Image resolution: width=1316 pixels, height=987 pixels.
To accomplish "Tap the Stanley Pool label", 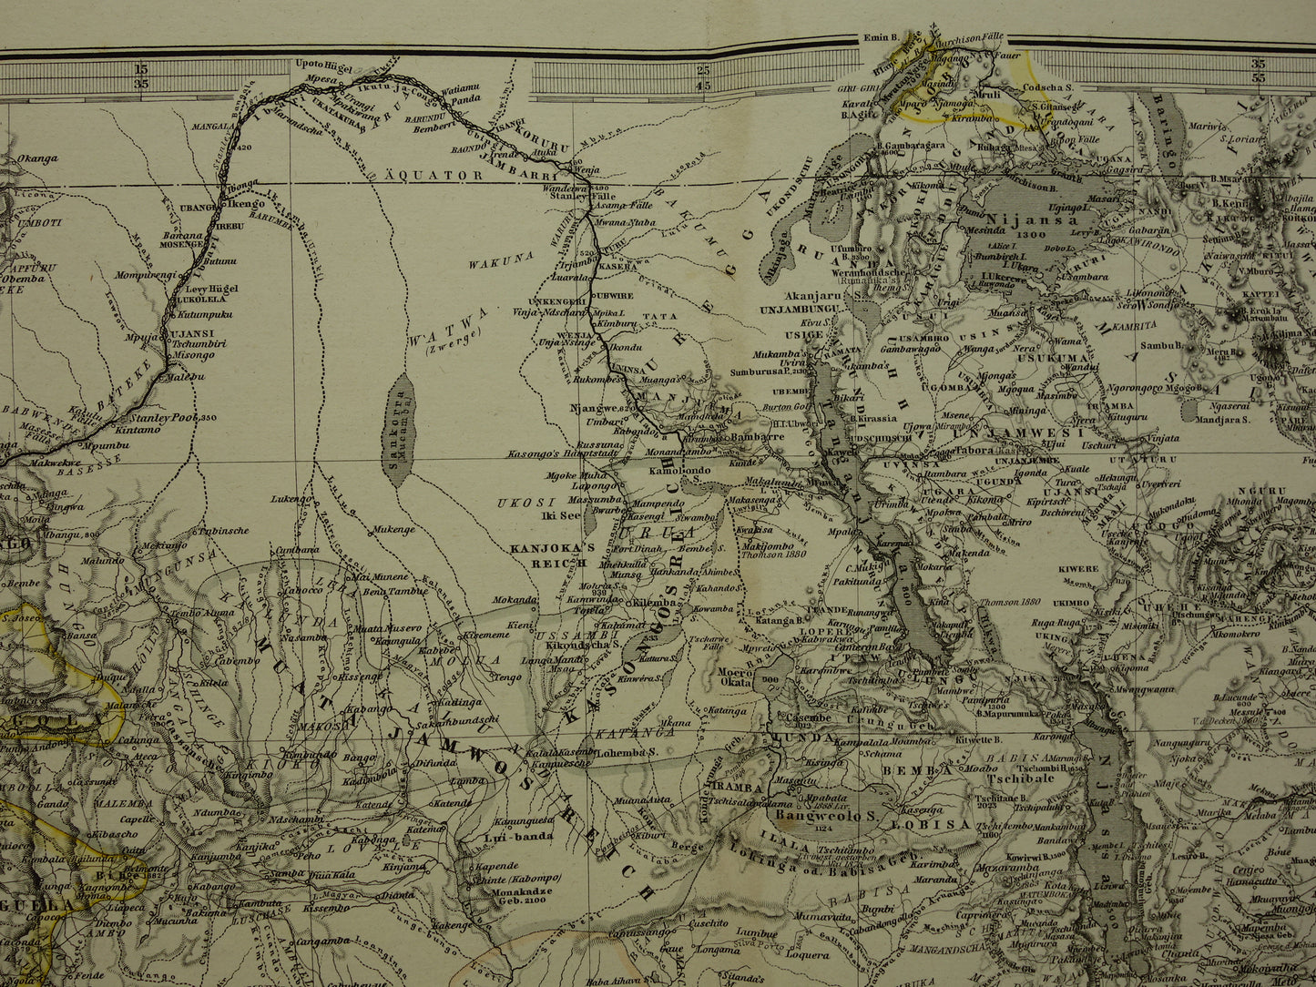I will (169, 418).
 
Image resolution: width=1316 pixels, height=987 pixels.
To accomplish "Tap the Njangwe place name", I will (588, 409).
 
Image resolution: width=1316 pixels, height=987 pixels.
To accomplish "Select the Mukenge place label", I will (394, 529).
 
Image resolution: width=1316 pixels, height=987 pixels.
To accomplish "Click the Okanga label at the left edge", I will (36, 158).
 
